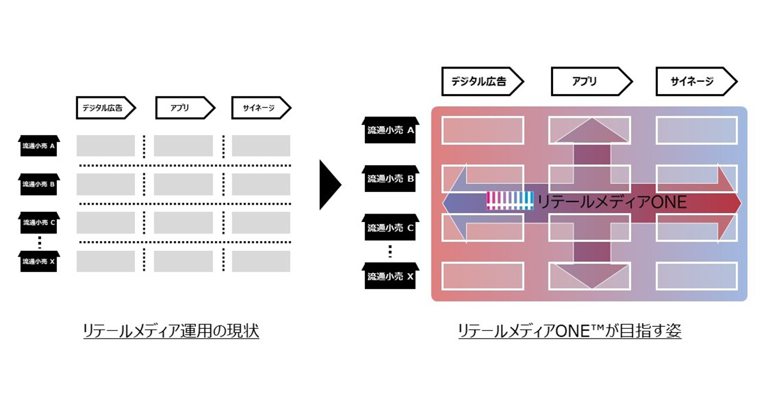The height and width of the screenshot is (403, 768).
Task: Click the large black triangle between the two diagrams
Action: click(x=330, y=185)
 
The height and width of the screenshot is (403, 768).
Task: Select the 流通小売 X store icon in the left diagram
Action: click(x=38, y=260)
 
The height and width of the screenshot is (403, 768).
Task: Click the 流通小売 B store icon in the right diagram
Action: click(x=391, y=178)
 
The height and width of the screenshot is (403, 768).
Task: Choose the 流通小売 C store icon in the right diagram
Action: click(x=391, y=227)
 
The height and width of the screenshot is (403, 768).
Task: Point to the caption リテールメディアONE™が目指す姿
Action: click(x=570, y=331)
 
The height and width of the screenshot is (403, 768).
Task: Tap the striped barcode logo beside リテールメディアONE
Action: click(x=509, y=201)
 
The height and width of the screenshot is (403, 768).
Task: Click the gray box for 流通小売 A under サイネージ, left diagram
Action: click(x=260, y=146)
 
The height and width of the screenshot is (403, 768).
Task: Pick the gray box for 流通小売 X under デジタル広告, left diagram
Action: click(x=106, y=261)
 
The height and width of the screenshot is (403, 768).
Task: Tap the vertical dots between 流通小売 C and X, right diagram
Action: click(x=391, y=251)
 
